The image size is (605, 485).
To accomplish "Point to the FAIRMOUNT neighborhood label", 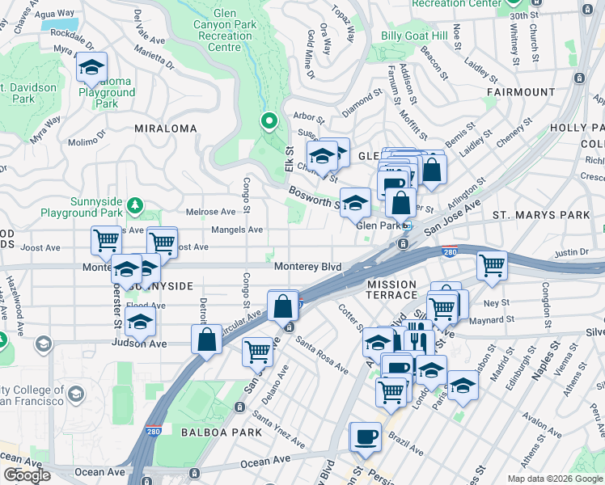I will coord(521,92).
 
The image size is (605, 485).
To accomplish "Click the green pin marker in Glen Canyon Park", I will coord(269,122).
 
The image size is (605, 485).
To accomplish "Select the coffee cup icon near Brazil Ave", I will coord(366,436).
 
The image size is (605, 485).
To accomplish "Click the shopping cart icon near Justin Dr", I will coord(492,264).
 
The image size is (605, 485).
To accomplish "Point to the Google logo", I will coord(27,475).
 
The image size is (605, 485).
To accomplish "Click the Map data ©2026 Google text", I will coord(554,479).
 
